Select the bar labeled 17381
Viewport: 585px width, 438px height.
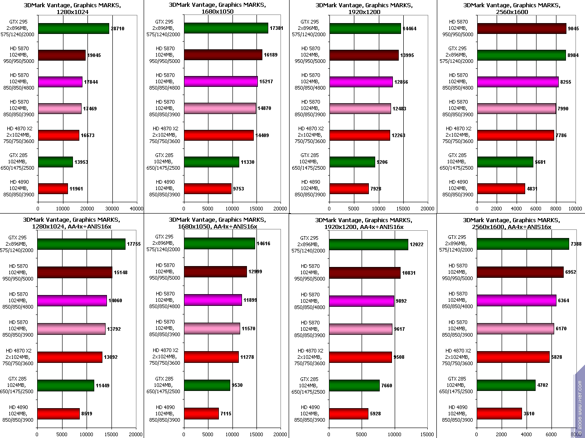click(x=226, y=28)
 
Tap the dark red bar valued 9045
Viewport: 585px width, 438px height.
click(x=522, y=29)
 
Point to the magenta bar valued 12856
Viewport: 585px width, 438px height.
click(x=361, y=82)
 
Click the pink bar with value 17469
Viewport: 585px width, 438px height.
click(x=60, y=109)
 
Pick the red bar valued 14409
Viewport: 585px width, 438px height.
click(x=219, y=135)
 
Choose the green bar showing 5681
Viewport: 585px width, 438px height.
click(x=505, y=162)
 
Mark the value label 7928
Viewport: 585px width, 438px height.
click(x=376, y=189)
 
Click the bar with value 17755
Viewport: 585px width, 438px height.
click(x=81, y=244)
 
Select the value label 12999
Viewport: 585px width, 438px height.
click(x=255, y=271)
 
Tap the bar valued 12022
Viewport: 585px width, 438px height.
click(x=368, y=244)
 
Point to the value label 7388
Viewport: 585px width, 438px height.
click(x=576, y=244)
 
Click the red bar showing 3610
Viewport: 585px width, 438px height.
click(x=499, y=414)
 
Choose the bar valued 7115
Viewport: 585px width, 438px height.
click(x=201, y=414)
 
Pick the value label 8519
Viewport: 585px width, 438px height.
click(x=87, y=414)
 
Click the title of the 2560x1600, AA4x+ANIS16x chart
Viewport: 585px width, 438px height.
click(x=511, y=224)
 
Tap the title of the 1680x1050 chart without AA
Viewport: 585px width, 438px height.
click(x=217, y=8)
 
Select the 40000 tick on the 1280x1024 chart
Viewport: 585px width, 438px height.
click(x=136, y=209)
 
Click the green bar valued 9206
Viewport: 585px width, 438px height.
click(x=352, y=162)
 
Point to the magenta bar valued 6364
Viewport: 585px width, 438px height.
click(x=516, y=300)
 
